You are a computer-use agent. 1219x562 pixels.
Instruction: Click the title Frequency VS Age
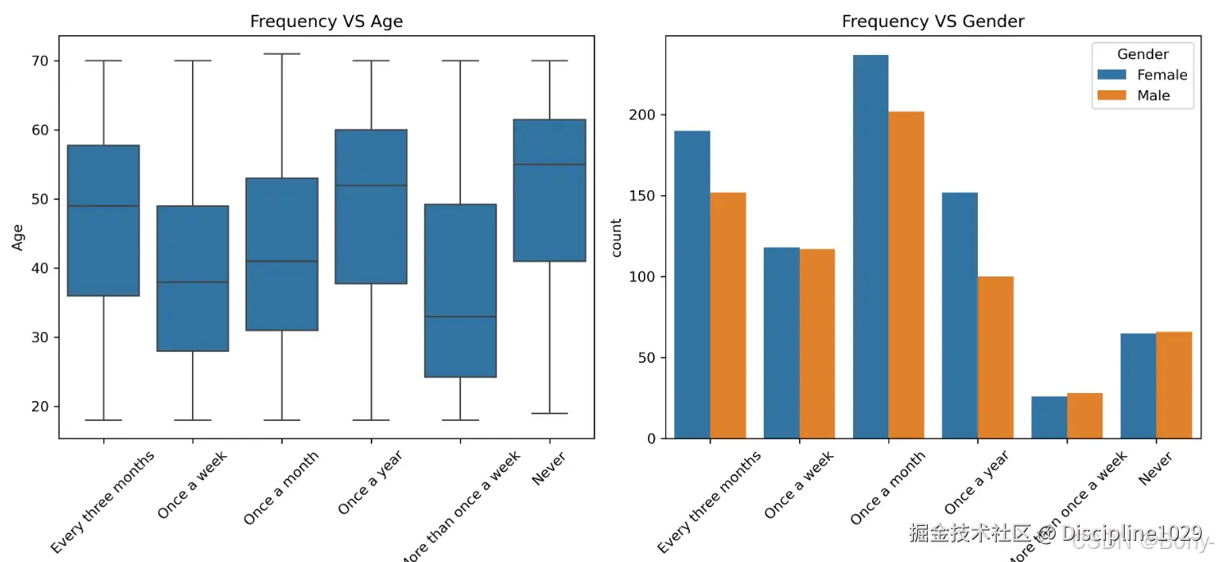326,22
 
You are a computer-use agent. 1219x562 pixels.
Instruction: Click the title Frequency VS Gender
933,22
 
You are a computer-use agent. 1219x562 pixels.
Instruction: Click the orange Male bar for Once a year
995,357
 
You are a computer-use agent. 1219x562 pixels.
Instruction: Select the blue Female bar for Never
1138,386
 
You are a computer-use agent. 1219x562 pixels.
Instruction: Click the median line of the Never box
550,165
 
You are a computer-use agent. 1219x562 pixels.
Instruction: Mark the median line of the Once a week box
193,282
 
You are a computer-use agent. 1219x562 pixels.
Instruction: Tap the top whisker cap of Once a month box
281,54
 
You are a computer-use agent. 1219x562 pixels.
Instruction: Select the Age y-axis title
17,237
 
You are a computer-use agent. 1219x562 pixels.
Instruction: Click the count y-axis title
616,237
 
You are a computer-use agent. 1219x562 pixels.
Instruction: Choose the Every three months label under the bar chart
709,502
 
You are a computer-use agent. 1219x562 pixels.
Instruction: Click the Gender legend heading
1142,54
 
